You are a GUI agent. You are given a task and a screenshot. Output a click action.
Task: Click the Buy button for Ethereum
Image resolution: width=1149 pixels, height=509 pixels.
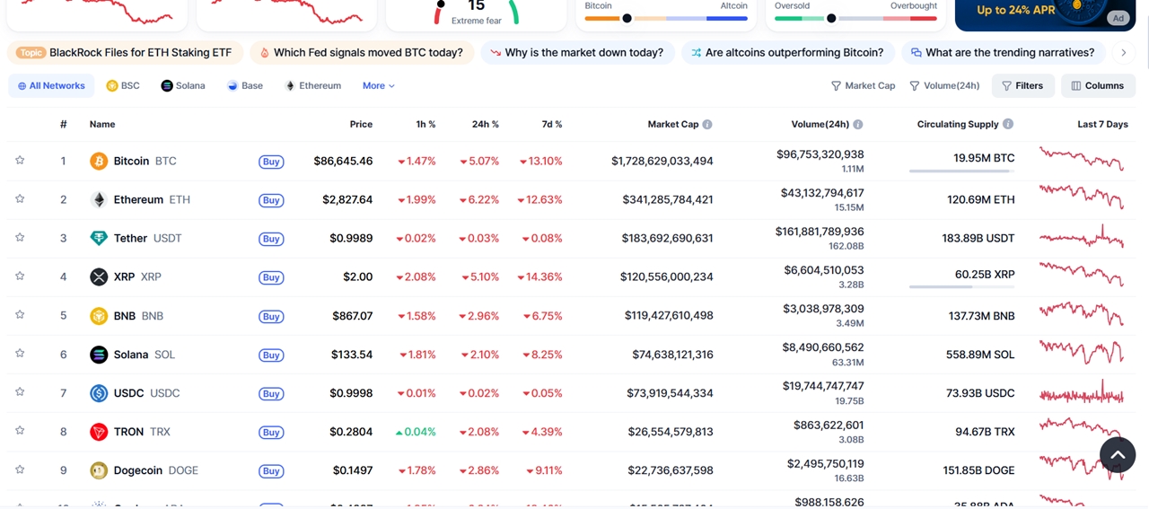(271, 200)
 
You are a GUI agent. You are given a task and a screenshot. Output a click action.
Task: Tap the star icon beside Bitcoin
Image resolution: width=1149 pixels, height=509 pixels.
(20, 161)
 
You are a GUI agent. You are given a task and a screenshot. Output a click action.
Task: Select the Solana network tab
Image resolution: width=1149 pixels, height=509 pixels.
(183, 86)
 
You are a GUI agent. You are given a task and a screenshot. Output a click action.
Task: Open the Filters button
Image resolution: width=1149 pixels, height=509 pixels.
(1022, 86)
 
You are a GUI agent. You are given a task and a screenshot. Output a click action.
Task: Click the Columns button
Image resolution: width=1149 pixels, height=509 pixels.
(1097, 86)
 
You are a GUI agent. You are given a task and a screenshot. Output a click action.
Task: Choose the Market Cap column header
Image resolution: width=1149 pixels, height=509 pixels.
(672, 125)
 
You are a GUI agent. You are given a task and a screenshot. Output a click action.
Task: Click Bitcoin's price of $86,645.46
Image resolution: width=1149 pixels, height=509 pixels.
(343, 162)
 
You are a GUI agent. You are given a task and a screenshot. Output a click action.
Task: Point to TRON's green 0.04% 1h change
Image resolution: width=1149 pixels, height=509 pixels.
(416, 432)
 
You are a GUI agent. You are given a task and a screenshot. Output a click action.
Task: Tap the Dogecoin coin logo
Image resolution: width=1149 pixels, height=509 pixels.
(99, 470)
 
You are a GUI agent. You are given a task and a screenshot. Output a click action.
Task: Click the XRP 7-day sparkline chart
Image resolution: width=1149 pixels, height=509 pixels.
(1081, 274)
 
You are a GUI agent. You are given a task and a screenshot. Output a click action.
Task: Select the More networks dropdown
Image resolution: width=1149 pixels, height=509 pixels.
(378, 86)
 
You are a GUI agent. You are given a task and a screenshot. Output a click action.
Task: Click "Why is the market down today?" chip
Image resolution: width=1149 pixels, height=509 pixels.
(575, 53)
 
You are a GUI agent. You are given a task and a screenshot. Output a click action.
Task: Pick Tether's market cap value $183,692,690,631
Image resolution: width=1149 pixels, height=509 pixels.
(667, 239)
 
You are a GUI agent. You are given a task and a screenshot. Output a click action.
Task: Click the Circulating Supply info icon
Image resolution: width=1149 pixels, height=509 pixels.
(1008, 125)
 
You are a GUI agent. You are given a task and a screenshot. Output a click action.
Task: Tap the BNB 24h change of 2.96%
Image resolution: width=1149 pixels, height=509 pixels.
(478, 316)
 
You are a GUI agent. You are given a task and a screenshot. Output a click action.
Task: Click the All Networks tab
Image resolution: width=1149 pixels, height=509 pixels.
(51, 86)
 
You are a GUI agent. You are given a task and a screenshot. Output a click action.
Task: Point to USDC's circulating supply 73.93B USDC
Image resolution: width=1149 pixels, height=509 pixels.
(980, 393)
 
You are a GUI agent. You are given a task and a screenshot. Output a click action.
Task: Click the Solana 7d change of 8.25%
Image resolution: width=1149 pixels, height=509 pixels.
(540, 355)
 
